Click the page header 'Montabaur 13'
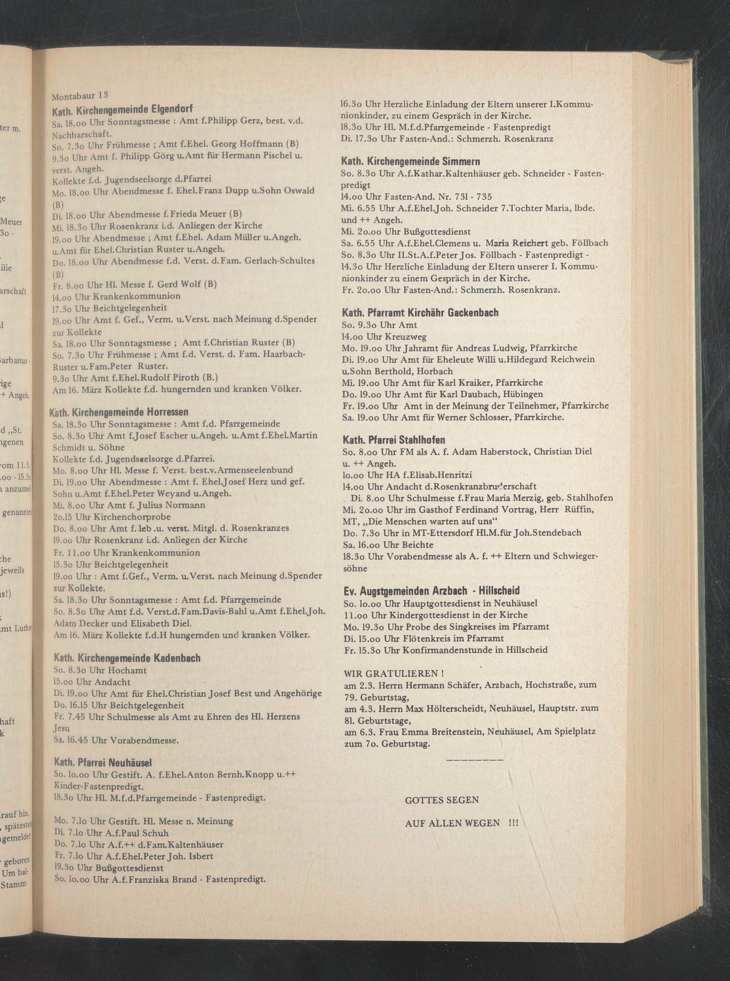click(80, 95)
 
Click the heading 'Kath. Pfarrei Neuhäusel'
click(103, 763)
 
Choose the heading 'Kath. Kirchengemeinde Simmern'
click(411, 162)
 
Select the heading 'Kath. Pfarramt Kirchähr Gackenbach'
click(420, 313)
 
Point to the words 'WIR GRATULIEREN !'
click(393, 673)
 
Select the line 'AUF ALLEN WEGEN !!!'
click(461, 823)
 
